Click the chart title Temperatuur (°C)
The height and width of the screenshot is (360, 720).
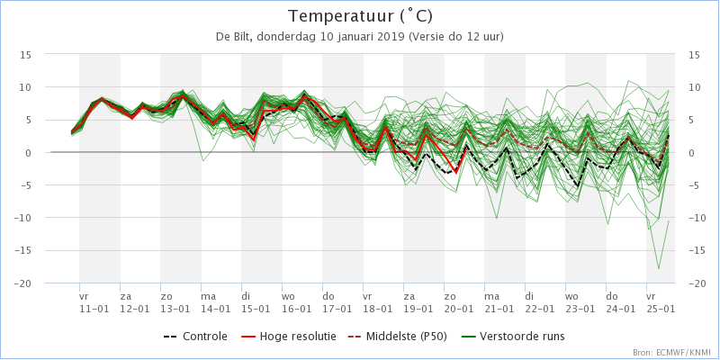(x=359, y=16)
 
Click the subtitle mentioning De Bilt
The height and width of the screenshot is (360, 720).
(x=359, y=37)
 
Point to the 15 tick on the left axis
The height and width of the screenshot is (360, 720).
(x=26, y=55)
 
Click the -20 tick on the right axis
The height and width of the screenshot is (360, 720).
(x=694, y=283)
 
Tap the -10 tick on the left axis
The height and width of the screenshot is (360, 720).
(x=24, y=218)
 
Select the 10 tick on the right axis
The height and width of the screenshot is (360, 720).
(x=694, y=87)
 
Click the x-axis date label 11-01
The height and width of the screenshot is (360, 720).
(x=94, y=308)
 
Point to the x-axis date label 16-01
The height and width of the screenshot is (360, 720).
(x=296, y=308)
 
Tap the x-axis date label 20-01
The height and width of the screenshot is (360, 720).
(x=458, y=308)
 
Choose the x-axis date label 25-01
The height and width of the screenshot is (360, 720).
(x=661, y=308)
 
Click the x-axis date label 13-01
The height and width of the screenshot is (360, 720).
(x=175, y=308)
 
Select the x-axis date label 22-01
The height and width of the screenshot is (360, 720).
(x=539, y=308)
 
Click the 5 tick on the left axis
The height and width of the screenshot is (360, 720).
(x=28, y=120)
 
